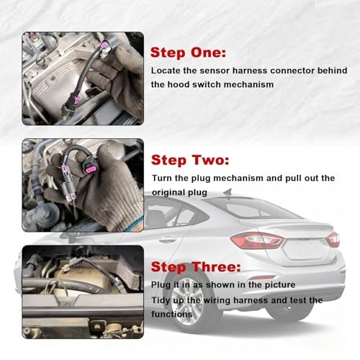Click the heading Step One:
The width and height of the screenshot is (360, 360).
(x=188, y=53)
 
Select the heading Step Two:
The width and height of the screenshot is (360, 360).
(x=189, y=160)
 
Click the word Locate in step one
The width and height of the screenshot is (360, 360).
(x=165, y=71)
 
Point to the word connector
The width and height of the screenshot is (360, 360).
(x=292, y=71)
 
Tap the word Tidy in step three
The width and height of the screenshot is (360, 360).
(x=162, y=300)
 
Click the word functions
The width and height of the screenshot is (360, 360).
(x=172, y=314)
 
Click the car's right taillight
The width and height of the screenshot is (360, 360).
(x=332, y=239)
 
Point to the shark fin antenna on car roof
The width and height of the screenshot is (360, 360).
(x=228, y=192)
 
